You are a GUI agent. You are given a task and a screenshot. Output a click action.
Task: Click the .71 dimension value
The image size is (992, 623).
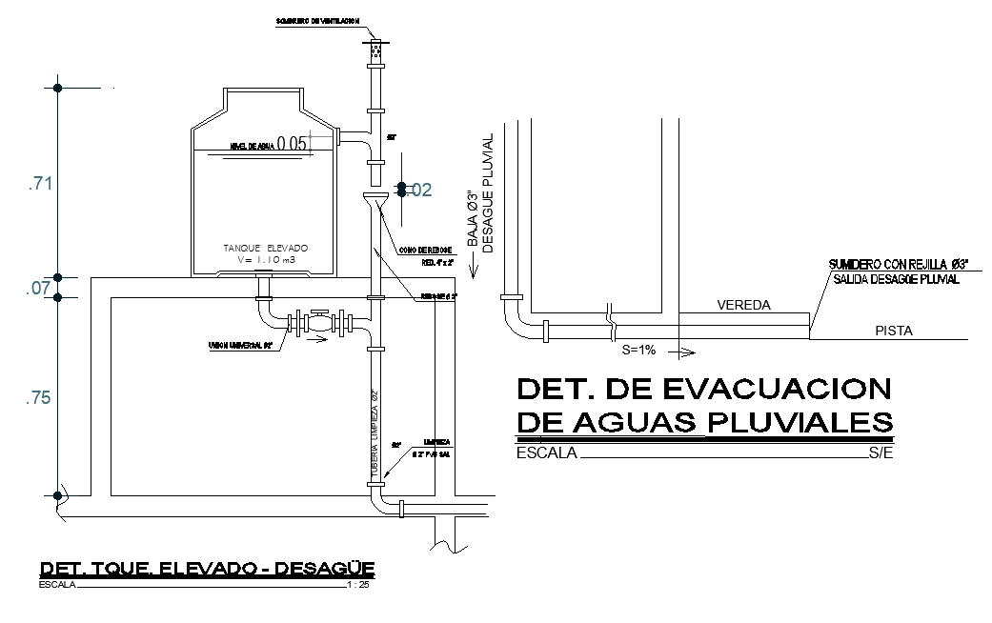coord(39,184)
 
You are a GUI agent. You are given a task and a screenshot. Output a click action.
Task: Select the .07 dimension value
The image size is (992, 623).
coord(39,287)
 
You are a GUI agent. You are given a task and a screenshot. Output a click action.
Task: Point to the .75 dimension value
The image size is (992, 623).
coord(39,399)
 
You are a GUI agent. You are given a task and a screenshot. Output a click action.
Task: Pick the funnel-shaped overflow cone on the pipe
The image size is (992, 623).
coord(375,203)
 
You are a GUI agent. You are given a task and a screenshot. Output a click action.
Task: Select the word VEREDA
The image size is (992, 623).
coord(743,306)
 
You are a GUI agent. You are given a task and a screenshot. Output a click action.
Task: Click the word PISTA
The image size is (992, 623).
coord(894,332)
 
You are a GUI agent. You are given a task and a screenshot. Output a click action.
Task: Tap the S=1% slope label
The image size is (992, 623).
coord(638,350)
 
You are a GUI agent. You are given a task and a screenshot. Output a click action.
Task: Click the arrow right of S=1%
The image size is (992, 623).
coord(680,351)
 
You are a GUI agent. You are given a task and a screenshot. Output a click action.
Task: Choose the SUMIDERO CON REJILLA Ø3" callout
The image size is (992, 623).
coord(899,263)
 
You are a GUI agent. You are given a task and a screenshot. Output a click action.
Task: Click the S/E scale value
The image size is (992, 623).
coord(880,453)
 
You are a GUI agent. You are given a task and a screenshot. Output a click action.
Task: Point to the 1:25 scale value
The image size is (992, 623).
coord(359,585)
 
